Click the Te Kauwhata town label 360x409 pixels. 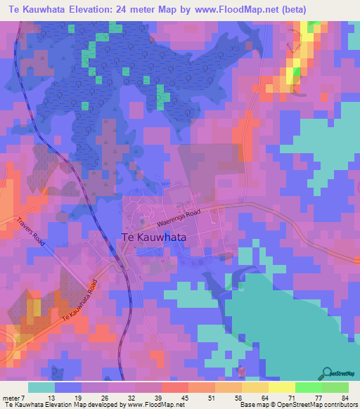coord(154,238)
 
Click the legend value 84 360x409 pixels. coord(345,398)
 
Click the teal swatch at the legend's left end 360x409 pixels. coord(41,387)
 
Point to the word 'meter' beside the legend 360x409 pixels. coord(13,398)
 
